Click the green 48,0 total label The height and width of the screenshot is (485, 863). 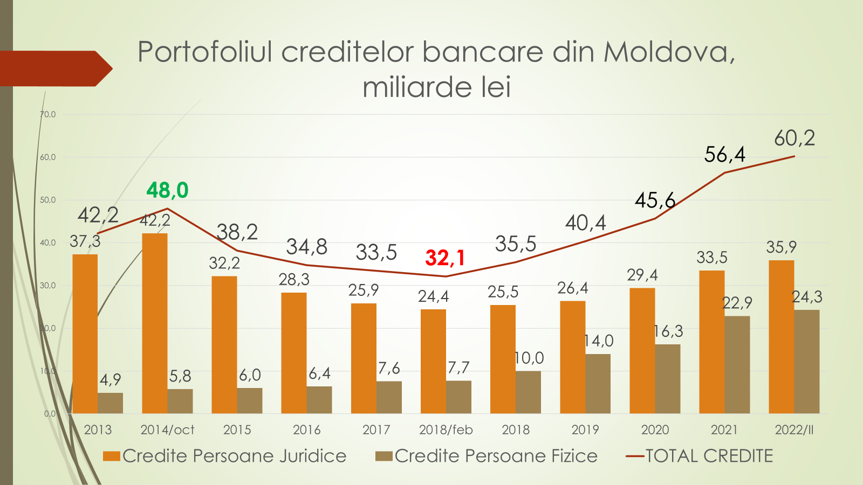tap(167, 190)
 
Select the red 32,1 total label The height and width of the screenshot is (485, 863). tap(445, 258)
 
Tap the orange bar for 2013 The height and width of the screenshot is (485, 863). tap(85, 334)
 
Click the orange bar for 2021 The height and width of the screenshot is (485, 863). tap(711, 342)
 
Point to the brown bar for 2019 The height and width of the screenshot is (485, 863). tap(598, 383)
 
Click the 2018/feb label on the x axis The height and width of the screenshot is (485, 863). tap(446, 430)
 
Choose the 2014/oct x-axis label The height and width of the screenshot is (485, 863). tap(167, 430)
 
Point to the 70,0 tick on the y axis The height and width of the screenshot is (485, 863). tap(48, 114)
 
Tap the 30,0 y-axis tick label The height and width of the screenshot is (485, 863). tap(48, 286)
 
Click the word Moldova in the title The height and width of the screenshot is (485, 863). tap(669, 52)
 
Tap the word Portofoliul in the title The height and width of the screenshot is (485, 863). tap(206, 52)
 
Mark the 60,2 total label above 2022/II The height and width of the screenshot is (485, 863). tap(794, 138)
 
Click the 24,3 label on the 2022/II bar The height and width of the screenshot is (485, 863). tap(807, 297)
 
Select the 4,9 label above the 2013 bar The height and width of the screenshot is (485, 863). tap(111, 380)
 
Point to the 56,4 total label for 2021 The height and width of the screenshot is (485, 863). tap(724, 155)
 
